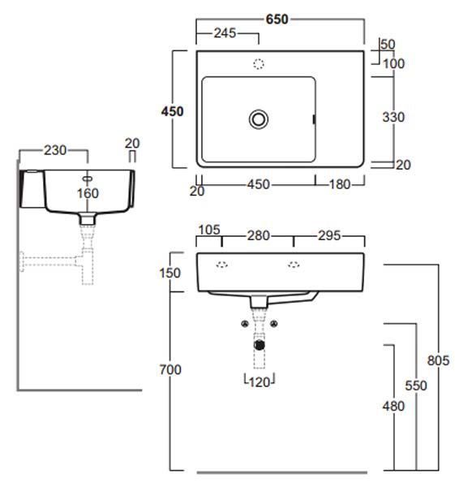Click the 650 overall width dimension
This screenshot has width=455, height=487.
click(277, 19)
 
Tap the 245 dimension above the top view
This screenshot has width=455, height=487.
click(225, 33)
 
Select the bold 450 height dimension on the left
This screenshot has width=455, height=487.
click(172, 111)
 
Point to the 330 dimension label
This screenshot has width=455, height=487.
click(393, 117)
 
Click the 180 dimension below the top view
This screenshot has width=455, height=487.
click(340, 184)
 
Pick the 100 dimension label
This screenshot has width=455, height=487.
click(394, 63)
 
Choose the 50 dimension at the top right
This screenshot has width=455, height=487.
click(388, 45)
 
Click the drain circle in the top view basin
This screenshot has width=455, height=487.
click(259, 119)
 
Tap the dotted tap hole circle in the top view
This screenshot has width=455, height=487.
click(259, 64)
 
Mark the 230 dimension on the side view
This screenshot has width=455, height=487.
click(55, 150)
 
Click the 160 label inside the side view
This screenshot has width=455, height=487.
click(88, 193)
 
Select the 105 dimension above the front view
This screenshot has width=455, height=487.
click(209, 230)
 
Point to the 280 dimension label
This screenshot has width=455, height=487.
click(258, 235)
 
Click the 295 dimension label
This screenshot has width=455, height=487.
click(329, 235)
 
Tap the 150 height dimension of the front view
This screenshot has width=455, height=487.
click(170, 273)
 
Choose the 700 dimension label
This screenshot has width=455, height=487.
click(170, 369)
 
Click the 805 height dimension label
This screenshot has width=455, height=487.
click(438, 360)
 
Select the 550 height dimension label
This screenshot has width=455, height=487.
click(416, 386)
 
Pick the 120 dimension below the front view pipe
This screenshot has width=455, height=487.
click(260, 382)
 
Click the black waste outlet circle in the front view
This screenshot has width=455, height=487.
click(260, 345)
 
